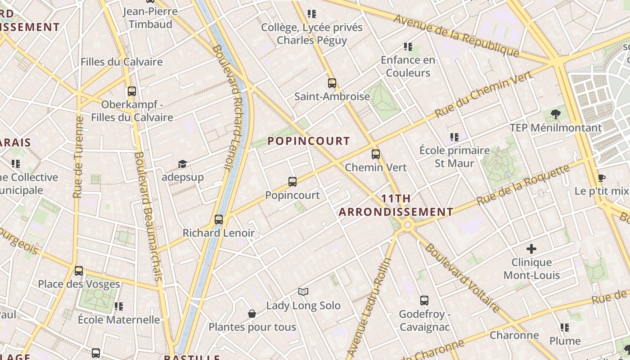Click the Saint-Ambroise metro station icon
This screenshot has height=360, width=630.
click(x=332, y=83)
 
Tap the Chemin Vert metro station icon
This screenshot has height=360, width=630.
click(x=376, y=154)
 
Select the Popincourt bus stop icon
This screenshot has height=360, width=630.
click(x=292, y=182)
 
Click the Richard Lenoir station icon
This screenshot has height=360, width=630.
click(x=219, y=220)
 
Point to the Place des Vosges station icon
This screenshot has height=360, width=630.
click(x=79, y=271)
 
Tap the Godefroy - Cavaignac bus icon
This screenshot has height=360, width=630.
click(x=424, y=301)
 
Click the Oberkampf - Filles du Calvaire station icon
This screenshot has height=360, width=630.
click(x=131, y=91)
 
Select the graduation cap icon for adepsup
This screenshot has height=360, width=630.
click(x=182, y=164)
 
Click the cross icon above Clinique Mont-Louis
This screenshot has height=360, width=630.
click(x=531, y=248)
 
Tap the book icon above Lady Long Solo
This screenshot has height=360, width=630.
click(x=303, y=292)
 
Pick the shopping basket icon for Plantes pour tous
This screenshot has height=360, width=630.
click(x=252, y=314)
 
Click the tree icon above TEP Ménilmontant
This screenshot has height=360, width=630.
click(x=556, y=114)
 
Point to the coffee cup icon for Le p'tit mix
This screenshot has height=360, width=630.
click(x=601, y=178)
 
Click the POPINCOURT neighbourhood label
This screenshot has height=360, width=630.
click(x=309, y=141)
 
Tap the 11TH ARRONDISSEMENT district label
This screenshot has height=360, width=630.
click(x=396, y=205)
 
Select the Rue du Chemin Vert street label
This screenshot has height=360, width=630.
click(x=483, y=94)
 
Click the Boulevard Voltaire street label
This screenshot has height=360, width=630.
click(x=462, y=278)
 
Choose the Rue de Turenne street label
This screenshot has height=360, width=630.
click(x=78, y=157)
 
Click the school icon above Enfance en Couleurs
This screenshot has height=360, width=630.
click(x=408, y=47)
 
